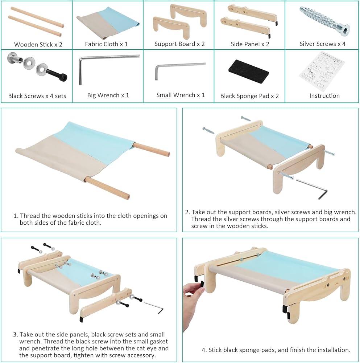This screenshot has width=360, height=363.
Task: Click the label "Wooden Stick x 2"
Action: (x=38, y=44)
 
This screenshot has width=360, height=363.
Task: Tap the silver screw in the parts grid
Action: (x=324, y=21)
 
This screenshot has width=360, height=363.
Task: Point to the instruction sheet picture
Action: (x=322, y=71)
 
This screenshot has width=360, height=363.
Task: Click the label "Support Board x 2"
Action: (x=179, y=44)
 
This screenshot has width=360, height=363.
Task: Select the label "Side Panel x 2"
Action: (x=250, y=44)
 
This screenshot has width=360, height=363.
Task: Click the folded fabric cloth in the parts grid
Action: (x=108, y=23)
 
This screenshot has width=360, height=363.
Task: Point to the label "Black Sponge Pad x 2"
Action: (x=249, y=96)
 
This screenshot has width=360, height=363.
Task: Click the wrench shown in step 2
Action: (x=312, y=189)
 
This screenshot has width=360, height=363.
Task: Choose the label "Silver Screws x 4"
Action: (x=323, y=44)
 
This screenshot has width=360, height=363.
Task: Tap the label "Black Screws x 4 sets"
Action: (x=37, y=96)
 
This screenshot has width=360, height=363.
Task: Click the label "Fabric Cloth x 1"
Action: (x=106, y=44)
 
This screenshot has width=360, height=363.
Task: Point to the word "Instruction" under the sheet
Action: (x=324, y=95)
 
